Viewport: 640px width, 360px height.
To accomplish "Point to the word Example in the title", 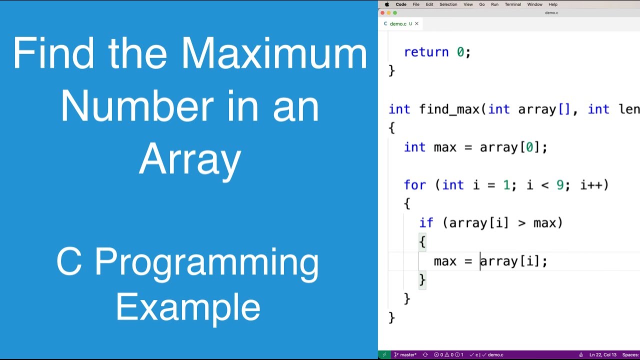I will (188, 307).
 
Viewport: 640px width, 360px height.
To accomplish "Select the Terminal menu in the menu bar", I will (512, 4).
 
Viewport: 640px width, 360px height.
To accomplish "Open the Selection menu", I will (448, 4).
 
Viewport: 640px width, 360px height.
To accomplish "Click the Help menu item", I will (553, 4).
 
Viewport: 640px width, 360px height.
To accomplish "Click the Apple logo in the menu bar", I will (387, 4).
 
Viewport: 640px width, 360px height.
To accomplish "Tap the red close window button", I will (383, 13).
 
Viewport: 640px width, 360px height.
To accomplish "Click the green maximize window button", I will (395, 13).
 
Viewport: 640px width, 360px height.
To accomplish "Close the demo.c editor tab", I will (416, 23).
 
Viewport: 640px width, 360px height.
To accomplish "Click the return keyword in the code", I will (426, 52).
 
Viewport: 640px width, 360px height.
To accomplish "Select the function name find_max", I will (449, 109).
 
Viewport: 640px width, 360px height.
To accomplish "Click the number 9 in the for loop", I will (560, 185).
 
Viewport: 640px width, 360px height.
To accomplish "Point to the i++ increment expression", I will (594, 185).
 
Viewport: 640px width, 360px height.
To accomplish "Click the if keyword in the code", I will (426, 223).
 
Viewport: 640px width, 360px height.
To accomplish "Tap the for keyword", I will (415, 185).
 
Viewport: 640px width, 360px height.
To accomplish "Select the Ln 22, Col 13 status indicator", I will (603, 355).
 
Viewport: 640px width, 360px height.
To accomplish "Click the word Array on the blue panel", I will (190, 159).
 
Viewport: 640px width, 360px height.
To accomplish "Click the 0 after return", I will (460, 52).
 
